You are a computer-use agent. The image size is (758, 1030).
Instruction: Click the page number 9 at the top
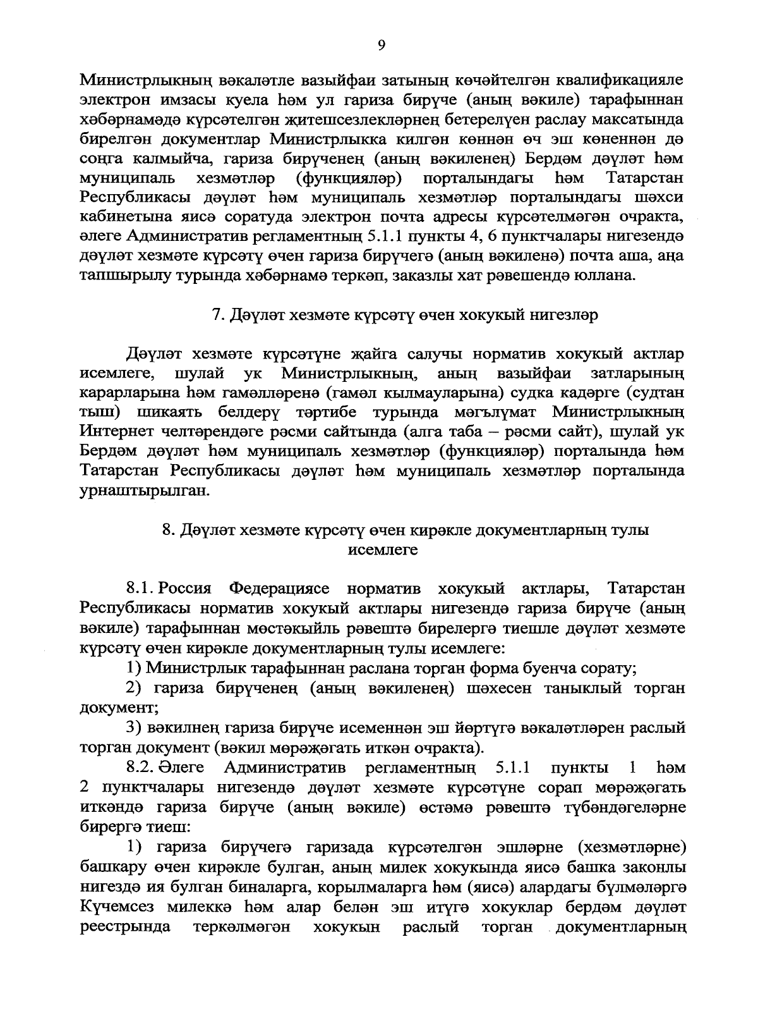point(381,44)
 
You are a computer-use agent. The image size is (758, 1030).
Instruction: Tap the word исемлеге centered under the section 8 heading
point(383,549)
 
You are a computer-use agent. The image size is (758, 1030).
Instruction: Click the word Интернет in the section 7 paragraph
point(119,432)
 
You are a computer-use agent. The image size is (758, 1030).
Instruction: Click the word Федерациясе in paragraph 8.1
point(279,589)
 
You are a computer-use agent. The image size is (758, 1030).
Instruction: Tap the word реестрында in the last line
point(125,926)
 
